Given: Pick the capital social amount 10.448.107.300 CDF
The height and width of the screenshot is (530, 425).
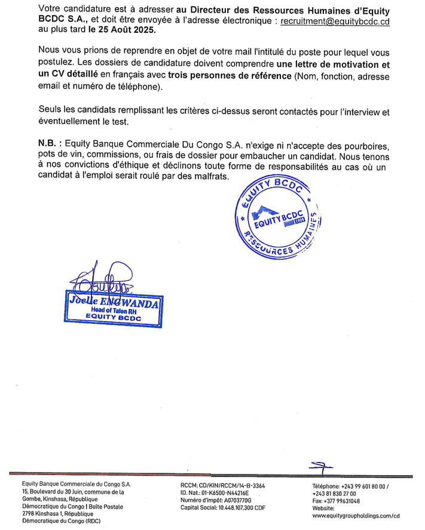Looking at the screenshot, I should (236, 507).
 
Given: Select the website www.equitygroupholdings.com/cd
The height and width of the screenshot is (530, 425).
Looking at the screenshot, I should (355, 514).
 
